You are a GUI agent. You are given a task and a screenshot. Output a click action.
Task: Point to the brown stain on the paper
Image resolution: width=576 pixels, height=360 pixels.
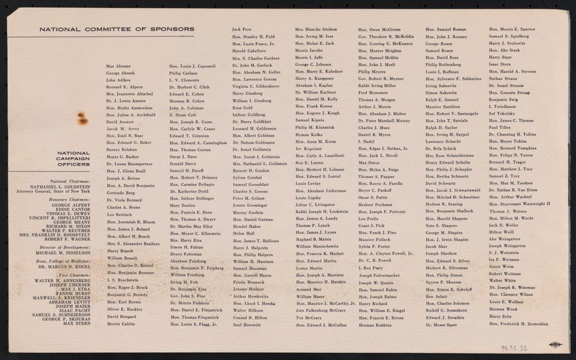coord(83,118)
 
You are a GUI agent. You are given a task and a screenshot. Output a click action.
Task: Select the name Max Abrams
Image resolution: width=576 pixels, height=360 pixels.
coord(118,66)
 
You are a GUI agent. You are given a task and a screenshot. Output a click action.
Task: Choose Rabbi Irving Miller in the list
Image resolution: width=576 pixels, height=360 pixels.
coord(377,86)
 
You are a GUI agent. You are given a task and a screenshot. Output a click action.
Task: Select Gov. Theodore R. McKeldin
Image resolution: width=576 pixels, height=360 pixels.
coord(386,37)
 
